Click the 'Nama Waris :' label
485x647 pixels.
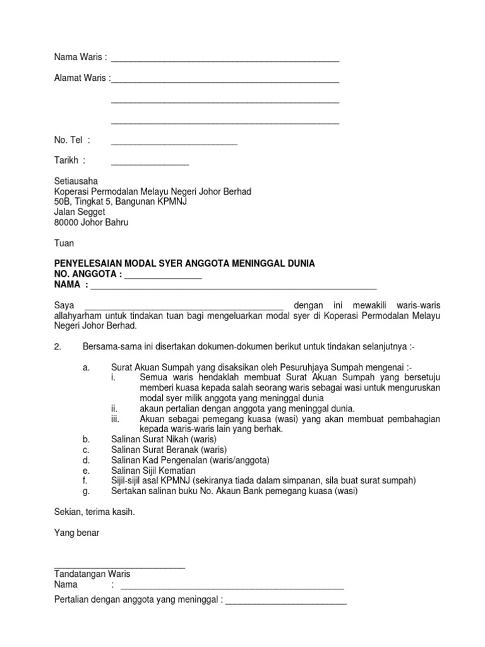click(80, 58)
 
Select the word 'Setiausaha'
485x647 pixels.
click(76, 181)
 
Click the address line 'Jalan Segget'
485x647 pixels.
click(80, 212)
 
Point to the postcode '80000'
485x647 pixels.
click(67, 222)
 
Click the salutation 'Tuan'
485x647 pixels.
click(64, 243)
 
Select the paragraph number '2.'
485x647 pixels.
click(58, 347)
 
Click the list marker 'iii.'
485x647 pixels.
click(116, 419)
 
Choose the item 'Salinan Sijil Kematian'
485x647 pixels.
click(153, 470)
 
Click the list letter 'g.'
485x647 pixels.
click(86, 491)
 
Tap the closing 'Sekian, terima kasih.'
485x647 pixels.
click(95, 512)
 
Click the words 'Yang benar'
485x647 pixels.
click(76, 533)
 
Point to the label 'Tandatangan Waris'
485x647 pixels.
click(92, 574)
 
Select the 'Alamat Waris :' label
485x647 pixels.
click(82, 79)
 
